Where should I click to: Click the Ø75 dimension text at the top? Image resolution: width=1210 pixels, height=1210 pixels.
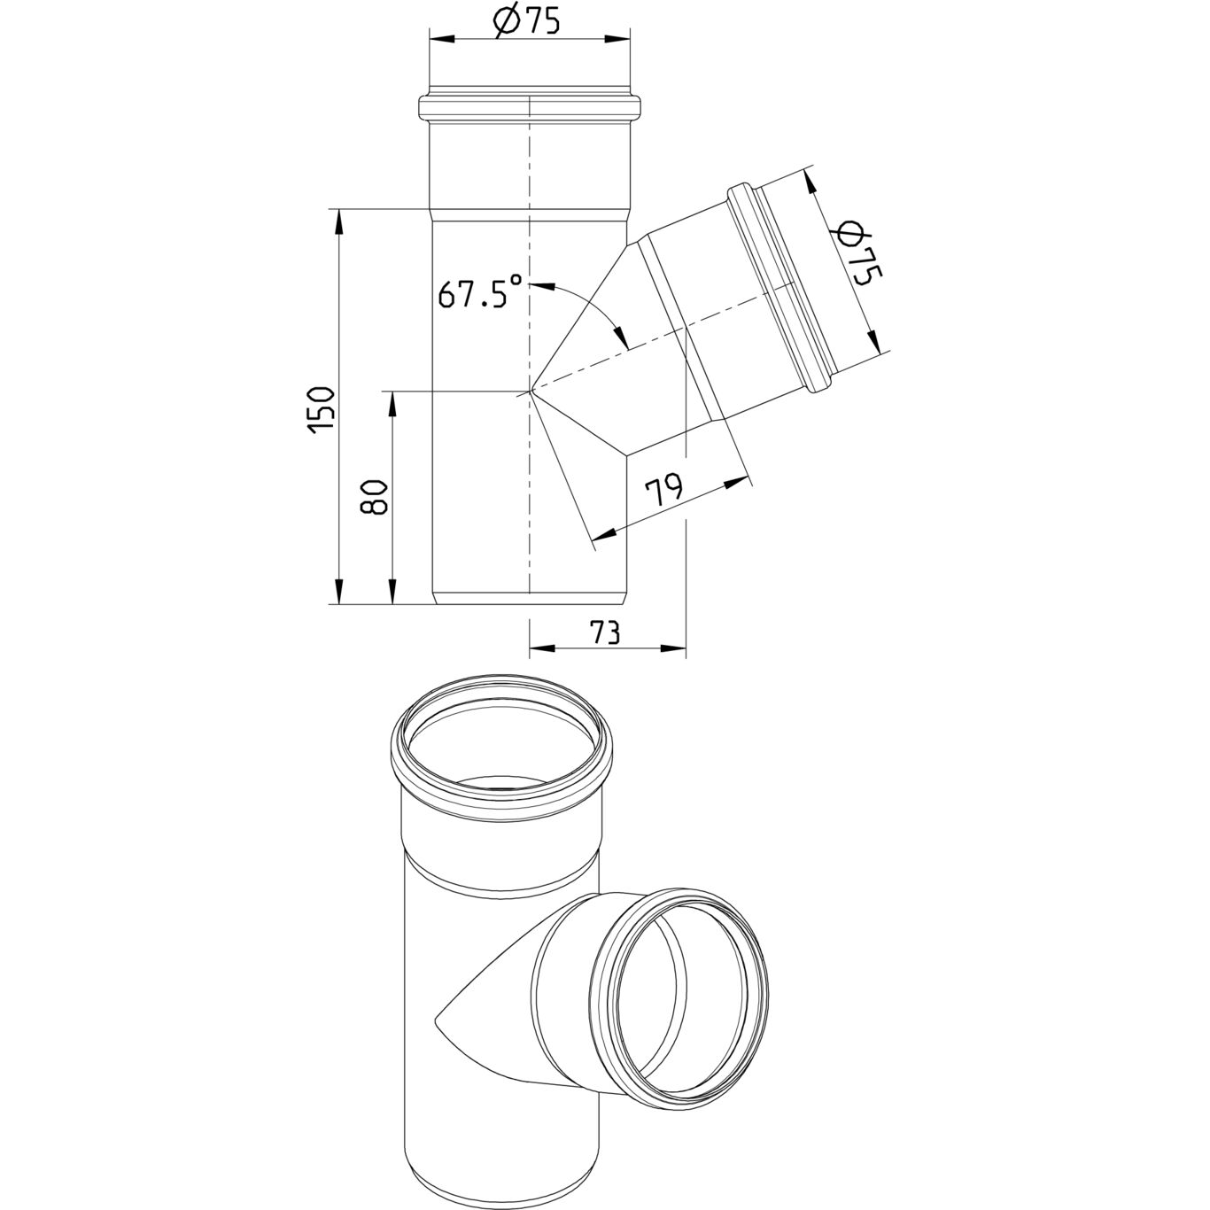pyautogui.click(x=526, y=23)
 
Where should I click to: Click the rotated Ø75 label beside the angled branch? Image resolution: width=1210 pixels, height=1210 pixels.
pyautogui.click(x=857, y=260)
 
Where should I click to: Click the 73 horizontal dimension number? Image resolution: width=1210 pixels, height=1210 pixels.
pyautogui.click(x=603, y=632)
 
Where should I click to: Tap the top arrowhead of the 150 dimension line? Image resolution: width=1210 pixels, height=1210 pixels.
pyautogui.click(x=339, y=223)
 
